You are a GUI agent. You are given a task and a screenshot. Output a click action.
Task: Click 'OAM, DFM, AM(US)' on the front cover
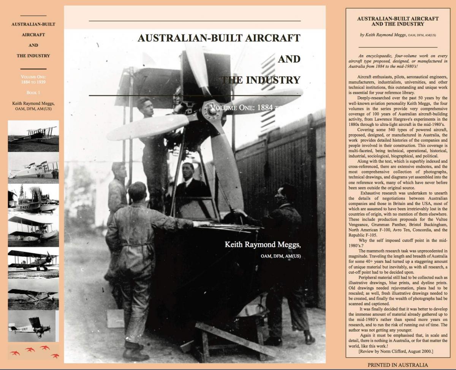280,256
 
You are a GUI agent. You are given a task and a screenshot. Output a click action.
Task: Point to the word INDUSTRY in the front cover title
273,80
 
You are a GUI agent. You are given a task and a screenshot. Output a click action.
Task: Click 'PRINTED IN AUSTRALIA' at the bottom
397,365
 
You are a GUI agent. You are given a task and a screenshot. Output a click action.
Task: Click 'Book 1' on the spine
33,92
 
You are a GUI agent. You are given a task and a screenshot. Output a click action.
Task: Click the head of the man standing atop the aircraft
145,106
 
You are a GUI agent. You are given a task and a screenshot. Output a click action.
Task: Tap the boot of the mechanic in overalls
135,354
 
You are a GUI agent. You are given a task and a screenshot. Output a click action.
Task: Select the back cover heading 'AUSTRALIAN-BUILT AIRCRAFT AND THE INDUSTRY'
398,21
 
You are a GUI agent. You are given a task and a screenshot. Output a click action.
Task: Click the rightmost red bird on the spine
55,356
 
